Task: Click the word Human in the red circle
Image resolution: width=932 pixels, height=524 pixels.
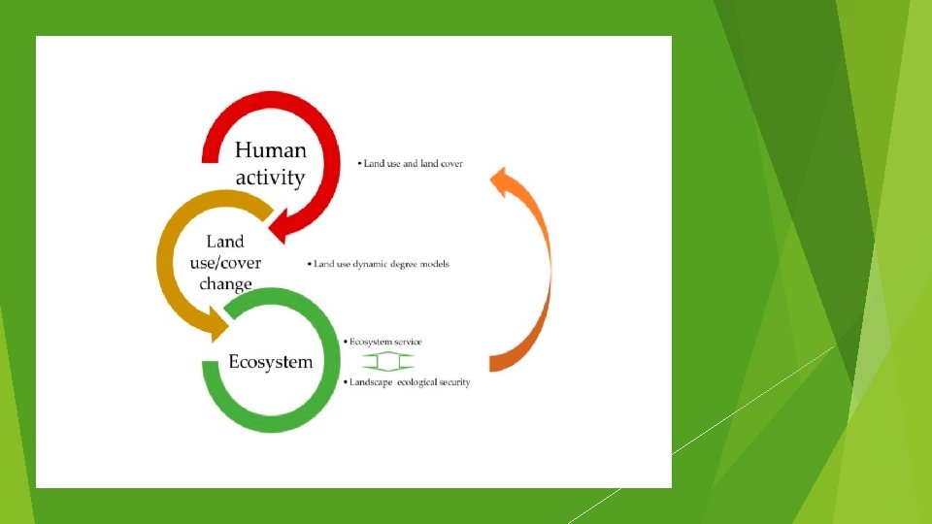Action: [x=271, y=150]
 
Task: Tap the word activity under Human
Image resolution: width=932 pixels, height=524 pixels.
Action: [x=270, y=178]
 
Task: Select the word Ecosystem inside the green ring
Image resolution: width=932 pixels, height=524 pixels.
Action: [x=270, y=362]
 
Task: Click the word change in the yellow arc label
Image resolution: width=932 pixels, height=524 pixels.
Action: [x=225, y=284]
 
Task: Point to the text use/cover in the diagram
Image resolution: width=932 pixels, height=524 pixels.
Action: [x=225, y=263]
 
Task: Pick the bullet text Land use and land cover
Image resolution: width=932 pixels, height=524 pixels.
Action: [x=411, y=164]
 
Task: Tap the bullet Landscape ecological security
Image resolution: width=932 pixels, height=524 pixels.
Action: [x=408, y=382]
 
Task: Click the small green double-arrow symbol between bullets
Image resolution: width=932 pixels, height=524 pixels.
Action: [x=388, y=362]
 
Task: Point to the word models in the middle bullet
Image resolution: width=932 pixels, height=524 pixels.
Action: [x=434, y=263]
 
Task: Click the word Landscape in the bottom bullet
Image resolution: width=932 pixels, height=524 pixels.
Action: [x=371, y=382]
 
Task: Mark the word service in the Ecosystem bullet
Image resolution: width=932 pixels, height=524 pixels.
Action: [x=406, y=342]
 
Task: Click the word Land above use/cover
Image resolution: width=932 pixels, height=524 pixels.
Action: [x=225, y=242]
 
